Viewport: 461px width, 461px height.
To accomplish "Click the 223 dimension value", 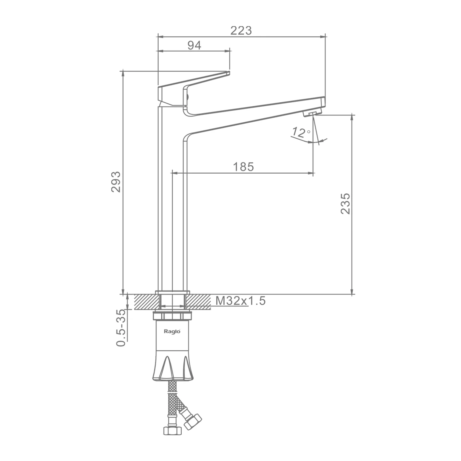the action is click(241, 30).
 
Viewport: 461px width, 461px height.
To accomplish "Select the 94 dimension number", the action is click(194, 45).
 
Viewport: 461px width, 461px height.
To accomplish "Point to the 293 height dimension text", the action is click(116, 182).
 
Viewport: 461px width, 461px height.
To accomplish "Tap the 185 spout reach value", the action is click(243, 167).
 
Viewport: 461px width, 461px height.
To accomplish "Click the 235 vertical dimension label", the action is click(345, 203).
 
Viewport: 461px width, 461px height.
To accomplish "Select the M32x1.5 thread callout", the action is click(240, 301).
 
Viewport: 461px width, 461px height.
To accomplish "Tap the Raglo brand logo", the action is click(172, 331).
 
